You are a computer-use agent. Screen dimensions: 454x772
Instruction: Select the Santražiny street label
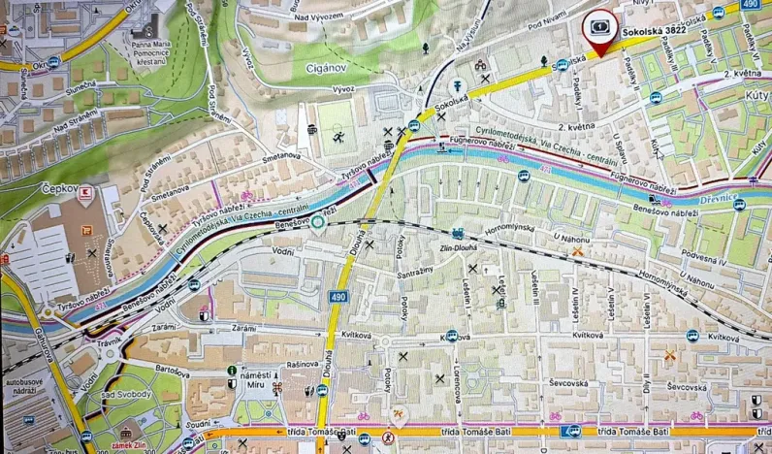(420, 276)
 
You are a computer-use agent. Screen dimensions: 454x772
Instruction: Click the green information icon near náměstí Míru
(231, 370)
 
